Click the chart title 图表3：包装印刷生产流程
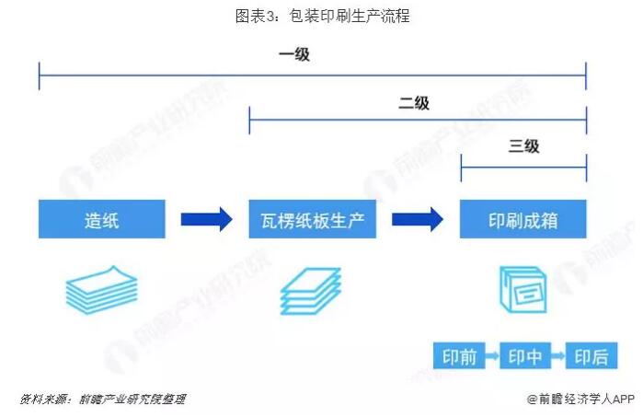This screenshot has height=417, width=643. point(321,16)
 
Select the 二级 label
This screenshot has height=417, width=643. point(414,104)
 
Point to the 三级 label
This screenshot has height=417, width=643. point(523,146)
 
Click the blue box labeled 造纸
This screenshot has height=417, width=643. point(102,220)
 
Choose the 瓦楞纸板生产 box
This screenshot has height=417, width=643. point(313,220)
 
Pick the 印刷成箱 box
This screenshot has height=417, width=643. point(523,220)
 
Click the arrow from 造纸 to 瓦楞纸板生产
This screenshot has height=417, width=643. point(206,220)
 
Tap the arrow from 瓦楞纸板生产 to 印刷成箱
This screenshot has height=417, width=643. point(418,220)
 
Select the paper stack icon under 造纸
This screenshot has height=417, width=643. point(101,290)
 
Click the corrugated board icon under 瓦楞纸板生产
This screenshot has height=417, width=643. point(311,291)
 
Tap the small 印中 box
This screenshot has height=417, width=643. point(525,357)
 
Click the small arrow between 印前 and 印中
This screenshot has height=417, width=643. point(492,357)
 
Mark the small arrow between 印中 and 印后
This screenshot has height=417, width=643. point(559,357)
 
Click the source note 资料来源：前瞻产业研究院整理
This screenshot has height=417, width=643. point(102,400)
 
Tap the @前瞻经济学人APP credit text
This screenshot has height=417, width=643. point(580,400)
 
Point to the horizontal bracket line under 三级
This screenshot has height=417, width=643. point(523,168)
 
